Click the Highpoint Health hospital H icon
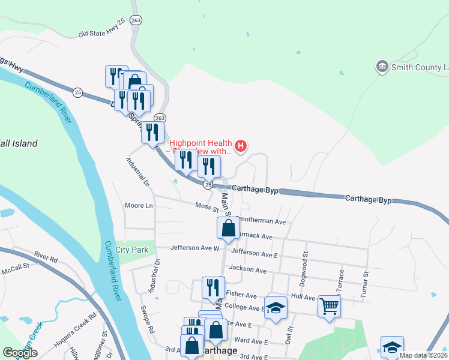click(x=241, y=146)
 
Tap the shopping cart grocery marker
click(x=329, y=306)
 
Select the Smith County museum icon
click(x=381, y=66)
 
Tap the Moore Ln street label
click(x=139, y=206)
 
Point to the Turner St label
click(x=364, y=282)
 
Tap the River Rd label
click(x=46, y=257)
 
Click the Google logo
click(x=20, y=353)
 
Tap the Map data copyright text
click(x=424, y=355)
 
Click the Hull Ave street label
click(x=303, y=296)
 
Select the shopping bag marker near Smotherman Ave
click(x=228, y=227)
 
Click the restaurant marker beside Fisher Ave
click(x=213, y=287)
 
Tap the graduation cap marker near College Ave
click(x=276, y=307)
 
